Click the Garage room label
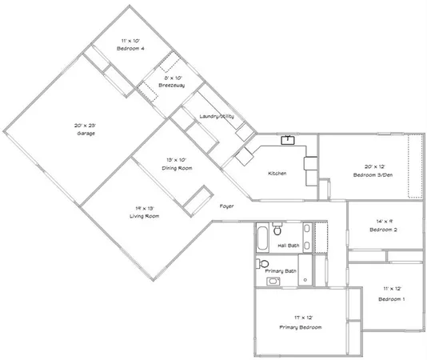[x=86, y=133]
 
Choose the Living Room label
[x=146, y=216]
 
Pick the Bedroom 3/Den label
[x=373, y=174]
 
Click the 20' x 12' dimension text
[x=373, y=166]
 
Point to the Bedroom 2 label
[x=382, y=230]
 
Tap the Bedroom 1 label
[x=391, y=298]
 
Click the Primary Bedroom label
[x=301, y=328]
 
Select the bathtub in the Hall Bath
[x=263, y=237]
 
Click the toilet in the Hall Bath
[x=277, y=228]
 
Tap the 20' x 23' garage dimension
[x=86, y=125]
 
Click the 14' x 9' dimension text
[x=382, y=222]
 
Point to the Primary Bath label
[x=281, y=272]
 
